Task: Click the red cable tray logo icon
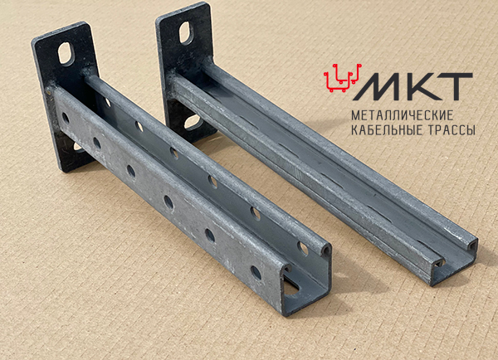pos(343,78)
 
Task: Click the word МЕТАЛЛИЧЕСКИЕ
pos(402,115)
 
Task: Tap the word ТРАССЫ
pos(449,130)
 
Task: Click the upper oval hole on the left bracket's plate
pos(66,53)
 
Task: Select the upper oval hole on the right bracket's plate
pos(186,32)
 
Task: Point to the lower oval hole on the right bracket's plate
pos(193,122)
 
